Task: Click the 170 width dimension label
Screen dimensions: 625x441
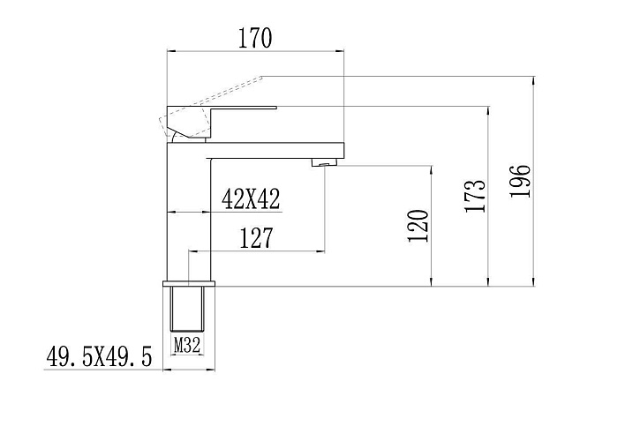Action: coord(255,38)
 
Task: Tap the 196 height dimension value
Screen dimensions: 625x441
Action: coord(521,181)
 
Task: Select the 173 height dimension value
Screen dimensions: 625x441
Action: coord(475,196)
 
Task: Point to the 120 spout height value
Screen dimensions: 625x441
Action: coord(418,226)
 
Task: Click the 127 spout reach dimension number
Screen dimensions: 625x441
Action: coord(256,238)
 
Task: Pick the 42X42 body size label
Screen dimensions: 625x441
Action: coord(251,199)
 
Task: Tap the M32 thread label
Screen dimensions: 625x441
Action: coord(187,345)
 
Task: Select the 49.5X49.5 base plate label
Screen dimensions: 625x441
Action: coord(99,356)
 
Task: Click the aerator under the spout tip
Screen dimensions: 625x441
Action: coord(324,162)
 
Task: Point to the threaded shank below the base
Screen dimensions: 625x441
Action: coord(187,309)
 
